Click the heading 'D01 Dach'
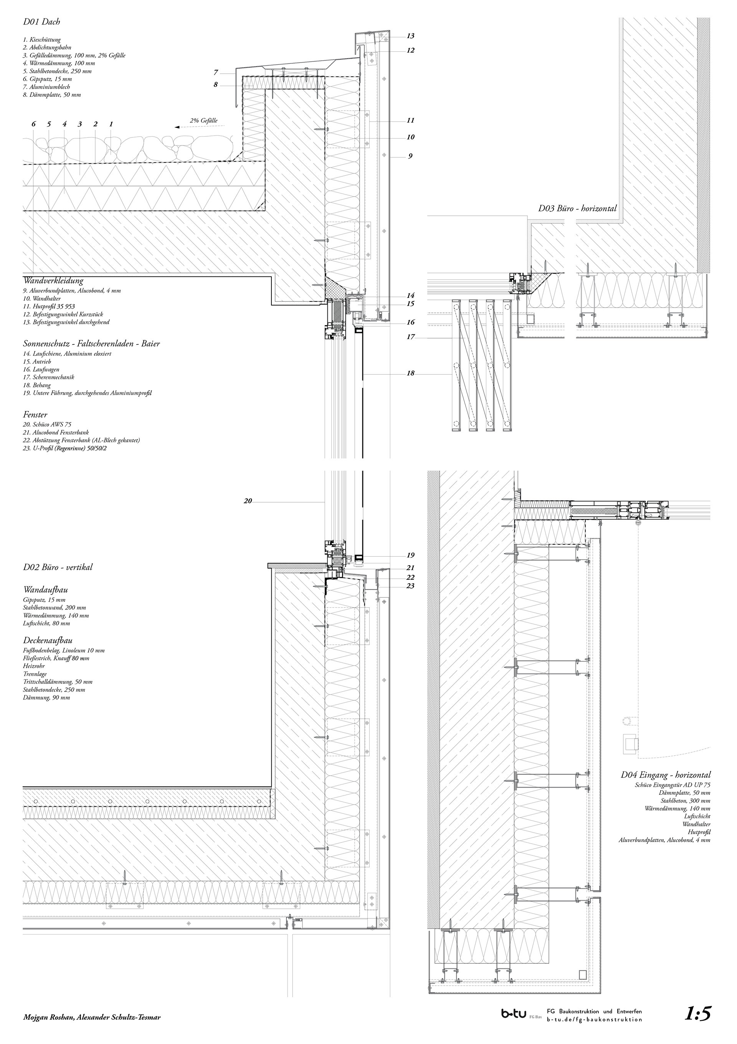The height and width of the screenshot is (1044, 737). point(41,22)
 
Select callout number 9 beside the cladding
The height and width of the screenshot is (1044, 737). point(410,156)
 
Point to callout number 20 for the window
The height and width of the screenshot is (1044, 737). point(248,501)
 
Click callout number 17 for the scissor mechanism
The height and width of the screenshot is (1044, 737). point(411,338)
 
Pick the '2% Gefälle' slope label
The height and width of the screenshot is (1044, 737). point(204,121)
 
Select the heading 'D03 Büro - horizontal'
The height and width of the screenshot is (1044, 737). point(577,209)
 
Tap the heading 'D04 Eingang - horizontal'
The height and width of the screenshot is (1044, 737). point(666,775)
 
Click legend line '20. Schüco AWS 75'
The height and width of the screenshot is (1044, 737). point(47,424)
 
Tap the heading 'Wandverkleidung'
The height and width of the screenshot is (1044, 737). point(53,281)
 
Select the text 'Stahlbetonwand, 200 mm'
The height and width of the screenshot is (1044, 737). point(54,607)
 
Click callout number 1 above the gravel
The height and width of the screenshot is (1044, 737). point(111,124)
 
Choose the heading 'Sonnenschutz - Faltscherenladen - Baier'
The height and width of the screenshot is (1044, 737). point(91,344)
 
